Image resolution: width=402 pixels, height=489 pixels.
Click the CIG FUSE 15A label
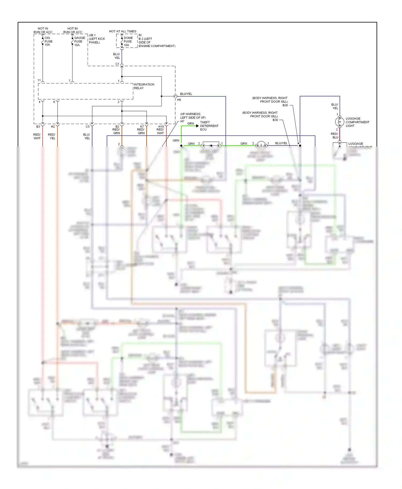tap(48, 41)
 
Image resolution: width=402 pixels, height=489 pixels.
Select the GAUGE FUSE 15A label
tap(79, 41)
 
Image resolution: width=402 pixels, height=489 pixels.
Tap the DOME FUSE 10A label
tap(128, 41)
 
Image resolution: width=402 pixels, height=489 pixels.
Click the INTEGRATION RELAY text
tap(144, 86)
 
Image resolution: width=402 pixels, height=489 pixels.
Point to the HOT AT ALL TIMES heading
tap(122, 31)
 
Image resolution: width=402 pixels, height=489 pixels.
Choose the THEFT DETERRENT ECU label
tap(209, 126)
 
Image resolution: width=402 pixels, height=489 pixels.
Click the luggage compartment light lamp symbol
tap(340, 122)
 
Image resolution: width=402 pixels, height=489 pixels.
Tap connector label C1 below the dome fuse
tap(117, 64)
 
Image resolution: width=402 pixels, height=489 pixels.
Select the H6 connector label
tap(179, 100)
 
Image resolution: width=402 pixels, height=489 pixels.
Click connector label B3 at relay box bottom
tap(38, 127)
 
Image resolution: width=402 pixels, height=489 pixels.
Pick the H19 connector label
tap(161, 127)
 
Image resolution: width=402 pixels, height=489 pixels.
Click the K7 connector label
tap(142, 127)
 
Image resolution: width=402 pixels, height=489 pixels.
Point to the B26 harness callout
tap(285, 105)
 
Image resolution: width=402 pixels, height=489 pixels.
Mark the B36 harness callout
tap(275, 120)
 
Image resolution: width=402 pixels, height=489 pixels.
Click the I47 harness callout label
tap(182, 121)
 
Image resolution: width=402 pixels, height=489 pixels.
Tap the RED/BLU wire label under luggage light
tap(334, 135)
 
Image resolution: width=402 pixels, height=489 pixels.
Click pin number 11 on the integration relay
tap(39, 80)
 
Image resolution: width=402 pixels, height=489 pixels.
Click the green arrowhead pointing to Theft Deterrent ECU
tap(198, 126)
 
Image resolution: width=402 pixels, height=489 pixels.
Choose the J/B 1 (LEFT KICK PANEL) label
tap(97, 39)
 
